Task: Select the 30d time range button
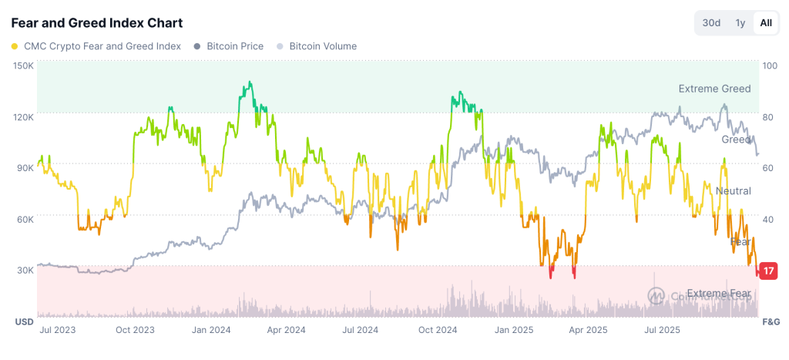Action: pos(711,23)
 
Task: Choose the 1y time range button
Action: pos(740,23)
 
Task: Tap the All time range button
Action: pos(765,23)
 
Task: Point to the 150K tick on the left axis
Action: pos(23,66)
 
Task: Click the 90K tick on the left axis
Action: pos(23,167)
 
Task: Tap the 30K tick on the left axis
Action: pos(23,270)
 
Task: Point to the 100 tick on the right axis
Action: pos(769,66)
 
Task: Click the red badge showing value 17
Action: pos(768,271)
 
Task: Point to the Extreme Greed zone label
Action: pos(714,89)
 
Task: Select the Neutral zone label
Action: pos(733,190)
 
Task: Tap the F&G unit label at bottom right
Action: pos(771,320)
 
